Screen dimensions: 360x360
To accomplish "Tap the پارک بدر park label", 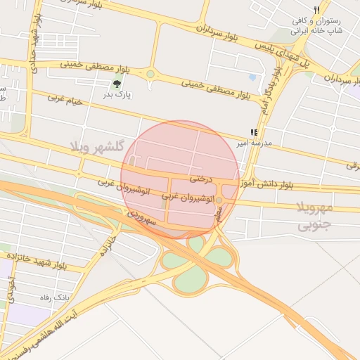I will [x=119, y=94].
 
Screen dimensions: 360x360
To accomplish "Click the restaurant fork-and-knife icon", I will [x=318, y=10].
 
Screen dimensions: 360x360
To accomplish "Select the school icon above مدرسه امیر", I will [x=254, y=131].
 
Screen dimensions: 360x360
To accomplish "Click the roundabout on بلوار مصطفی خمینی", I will [x=150, y=74].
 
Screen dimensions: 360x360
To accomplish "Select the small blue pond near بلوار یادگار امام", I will [x=252, y=77].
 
